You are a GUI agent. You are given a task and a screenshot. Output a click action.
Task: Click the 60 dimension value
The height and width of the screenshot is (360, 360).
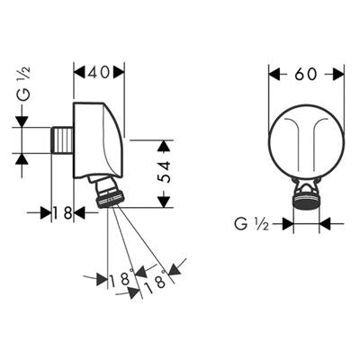(305, 74)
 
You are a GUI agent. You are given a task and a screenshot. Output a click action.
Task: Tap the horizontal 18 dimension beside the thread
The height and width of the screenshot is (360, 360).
(63, 213)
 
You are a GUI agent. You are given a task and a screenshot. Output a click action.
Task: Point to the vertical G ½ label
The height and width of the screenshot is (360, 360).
(25, 84)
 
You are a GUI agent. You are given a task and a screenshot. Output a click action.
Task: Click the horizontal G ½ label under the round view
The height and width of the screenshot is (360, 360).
(251, 224)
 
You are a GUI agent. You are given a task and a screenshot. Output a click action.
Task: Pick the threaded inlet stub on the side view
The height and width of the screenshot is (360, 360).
(62, 140)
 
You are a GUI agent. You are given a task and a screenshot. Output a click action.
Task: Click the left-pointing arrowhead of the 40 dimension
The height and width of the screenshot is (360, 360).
(80, 72)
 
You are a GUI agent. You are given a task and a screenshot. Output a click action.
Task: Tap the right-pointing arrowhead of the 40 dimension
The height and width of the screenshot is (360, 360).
(118, 72)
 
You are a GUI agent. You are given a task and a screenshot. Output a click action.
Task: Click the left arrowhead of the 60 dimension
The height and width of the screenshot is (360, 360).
(274, 74)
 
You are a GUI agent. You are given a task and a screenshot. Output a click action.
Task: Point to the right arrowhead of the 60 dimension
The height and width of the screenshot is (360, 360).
(338, 74)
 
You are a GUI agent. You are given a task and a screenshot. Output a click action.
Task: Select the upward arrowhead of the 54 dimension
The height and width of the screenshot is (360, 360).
(164, 146)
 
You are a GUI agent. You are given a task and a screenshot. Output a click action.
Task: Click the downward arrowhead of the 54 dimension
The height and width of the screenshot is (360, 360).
(164, 202)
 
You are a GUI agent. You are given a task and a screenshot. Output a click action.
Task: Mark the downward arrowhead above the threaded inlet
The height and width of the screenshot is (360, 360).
(22, 121)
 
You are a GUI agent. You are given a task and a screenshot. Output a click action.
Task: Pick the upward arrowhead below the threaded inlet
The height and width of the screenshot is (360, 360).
(22, 159)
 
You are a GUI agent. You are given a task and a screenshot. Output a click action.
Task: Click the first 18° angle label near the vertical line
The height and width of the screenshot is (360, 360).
(121, 277)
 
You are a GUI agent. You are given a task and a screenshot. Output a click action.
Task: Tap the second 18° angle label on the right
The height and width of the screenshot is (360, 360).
(155, 281)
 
